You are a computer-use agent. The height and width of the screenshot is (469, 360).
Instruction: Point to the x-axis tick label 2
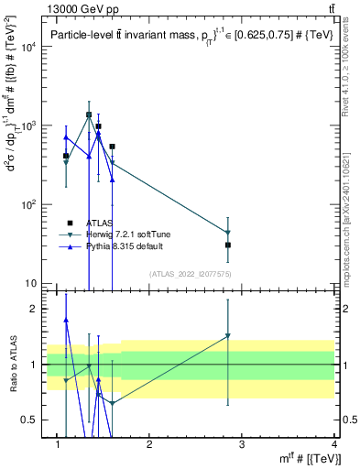click(x=149, y=445)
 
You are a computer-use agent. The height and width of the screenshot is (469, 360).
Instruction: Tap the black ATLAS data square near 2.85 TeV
click(x=228, y=245)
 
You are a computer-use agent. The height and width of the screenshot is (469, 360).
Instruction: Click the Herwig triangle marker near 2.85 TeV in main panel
click(x=228, y=233)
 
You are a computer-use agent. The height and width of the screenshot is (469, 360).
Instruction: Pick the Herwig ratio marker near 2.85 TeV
click(x=228, y=336)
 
